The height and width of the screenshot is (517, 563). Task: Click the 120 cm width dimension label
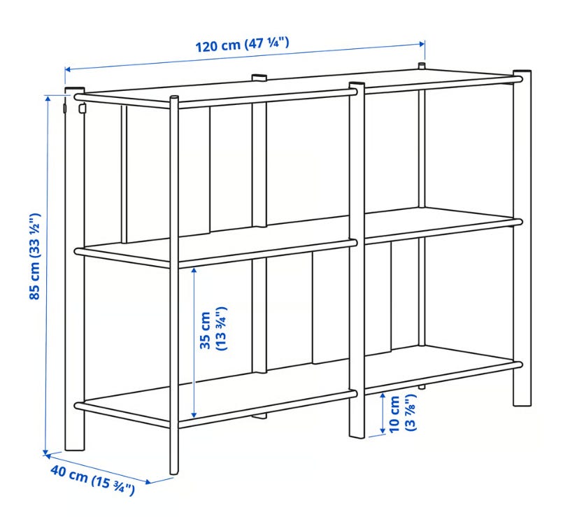(242, 45)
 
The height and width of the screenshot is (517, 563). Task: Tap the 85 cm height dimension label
(35, 256)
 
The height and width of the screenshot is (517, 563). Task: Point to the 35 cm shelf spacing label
(213, 329)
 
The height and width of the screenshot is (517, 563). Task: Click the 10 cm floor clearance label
(402, 413)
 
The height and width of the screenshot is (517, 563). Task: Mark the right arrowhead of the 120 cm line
(422, 44)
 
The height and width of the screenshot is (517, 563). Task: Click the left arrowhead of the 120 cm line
(68, 69)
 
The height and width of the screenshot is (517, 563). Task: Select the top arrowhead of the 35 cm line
(194, 270)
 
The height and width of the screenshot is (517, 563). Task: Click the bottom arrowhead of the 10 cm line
(383, 430)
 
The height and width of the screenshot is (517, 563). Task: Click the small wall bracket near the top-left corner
(83, 108)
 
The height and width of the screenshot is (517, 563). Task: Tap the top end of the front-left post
(173, 97)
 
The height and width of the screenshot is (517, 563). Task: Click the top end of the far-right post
(522, 72)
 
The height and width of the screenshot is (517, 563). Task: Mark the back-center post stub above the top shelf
(259, 77)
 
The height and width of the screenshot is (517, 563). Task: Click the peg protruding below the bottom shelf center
(259, 416)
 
